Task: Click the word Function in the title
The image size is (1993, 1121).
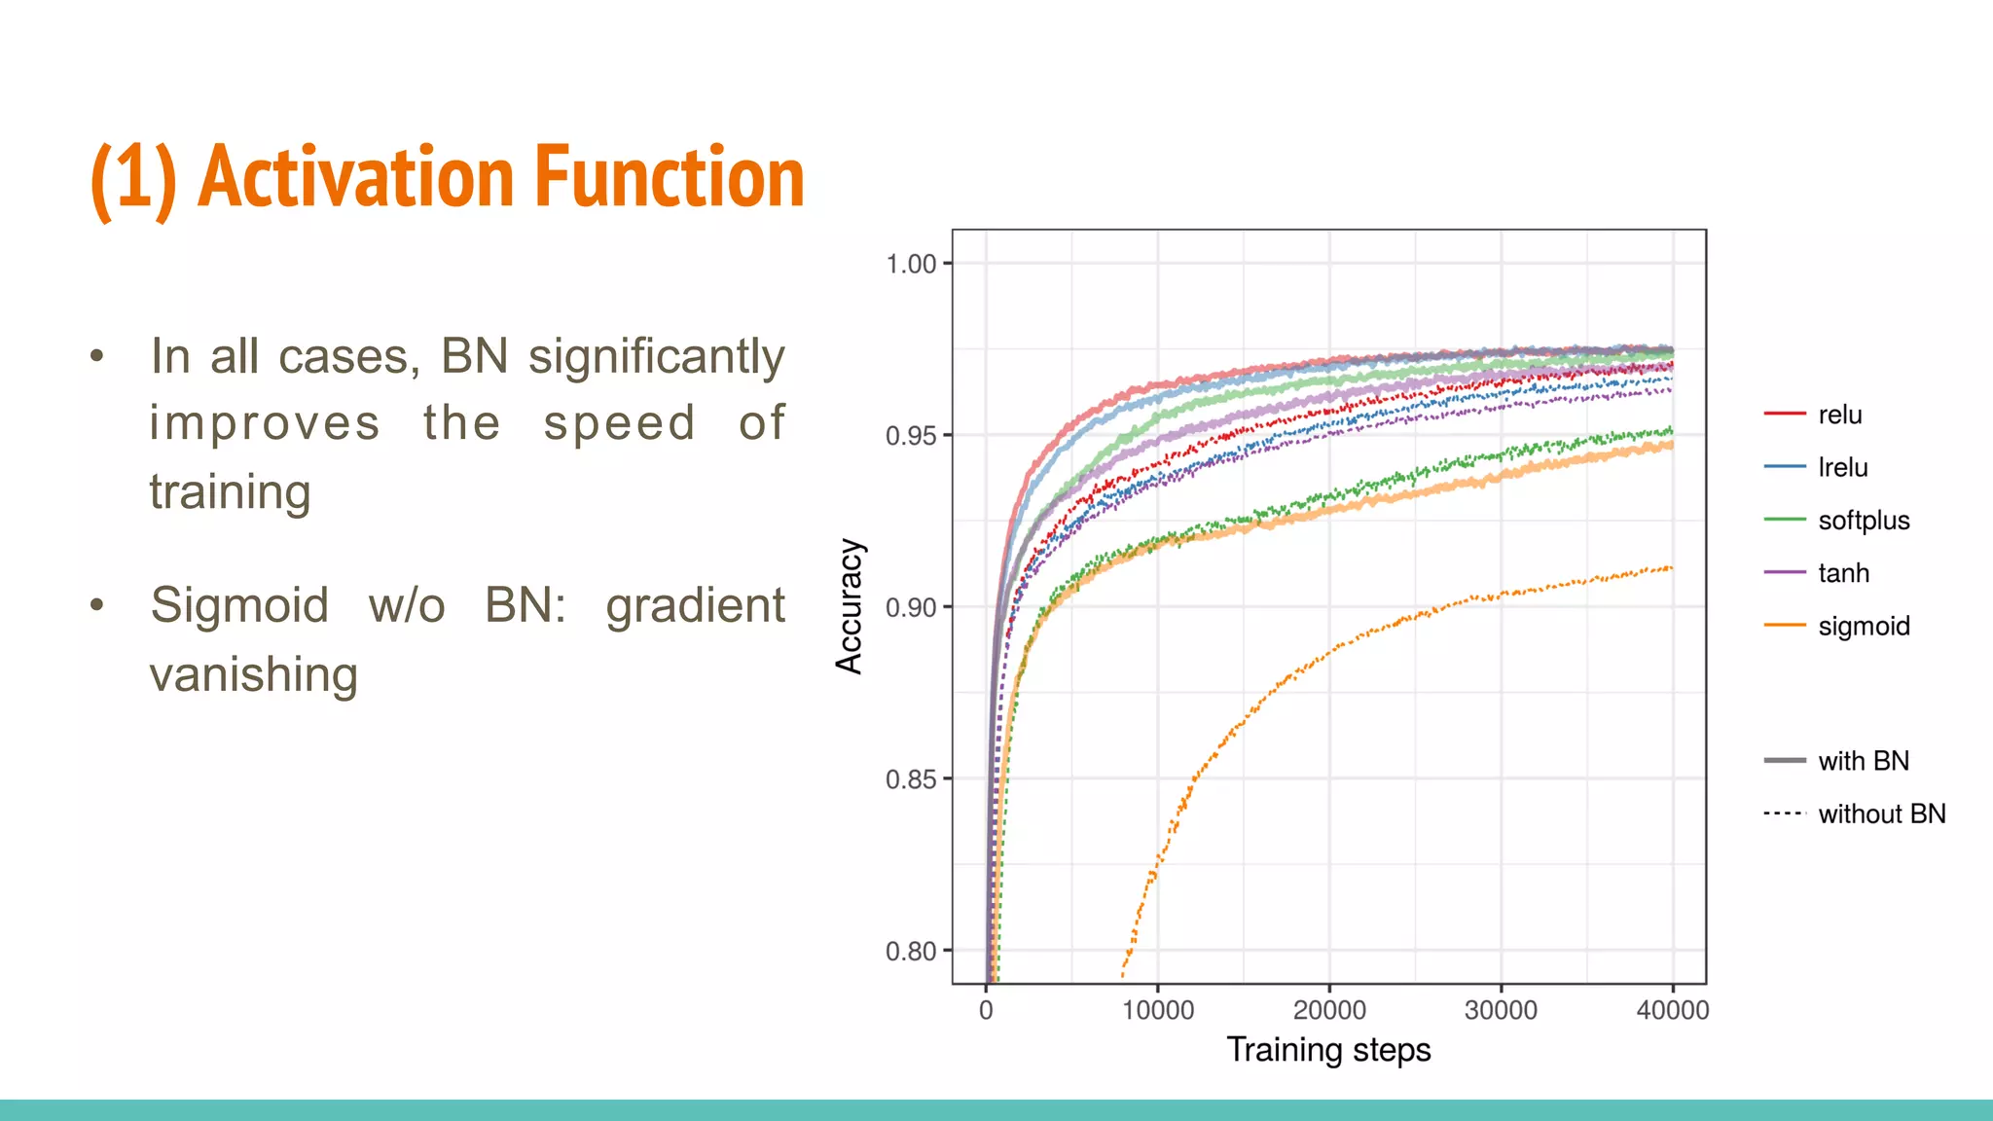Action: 670,177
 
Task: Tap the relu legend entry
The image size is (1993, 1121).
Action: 1838,415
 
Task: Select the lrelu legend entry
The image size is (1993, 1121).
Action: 1842,467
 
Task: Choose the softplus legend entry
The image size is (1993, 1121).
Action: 1863,521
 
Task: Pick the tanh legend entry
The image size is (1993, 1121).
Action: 1843,573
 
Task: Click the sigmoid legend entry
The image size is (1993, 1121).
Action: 1863,626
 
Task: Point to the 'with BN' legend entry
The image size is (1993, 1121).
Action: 1863,761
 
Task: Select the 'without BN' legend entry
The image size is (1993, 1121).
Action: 1880,814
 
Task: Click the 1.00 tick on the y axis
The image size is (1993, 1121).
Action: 911,264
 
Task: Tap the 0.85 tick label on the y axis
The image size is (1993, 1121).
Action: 911,779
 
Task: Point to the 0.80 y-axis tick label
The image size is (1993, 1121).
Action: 911,951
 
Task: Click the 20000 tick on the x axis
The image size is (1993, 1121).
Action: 1328,1010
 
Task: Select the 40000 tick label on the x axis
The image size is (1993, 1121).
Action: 1672,1010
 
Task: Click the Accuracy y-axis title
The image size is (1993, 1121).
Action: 850,606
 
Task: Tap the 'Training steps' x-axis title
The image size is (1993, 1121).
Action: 1328,1050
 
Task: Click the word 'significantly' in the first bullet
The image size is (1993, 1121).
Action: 656,356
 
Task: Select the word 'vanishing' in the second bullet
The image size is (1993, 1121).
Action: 254,674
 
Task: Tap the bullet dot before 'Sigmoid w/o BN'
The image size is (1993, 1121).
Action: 96,605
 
